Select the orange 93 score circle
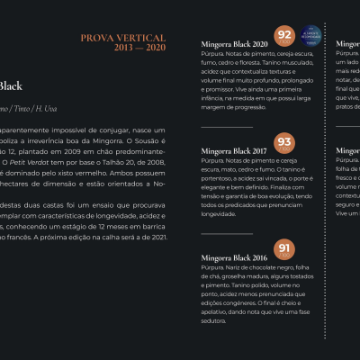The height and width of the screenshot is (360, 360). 284,143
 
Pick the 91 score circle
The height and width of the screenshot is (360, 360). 284,249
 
